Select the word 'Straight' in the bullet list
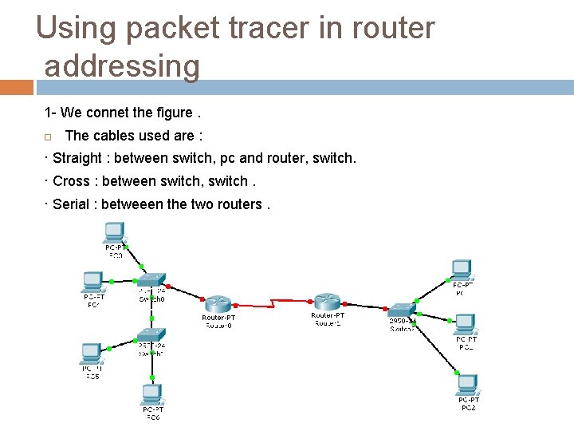click(77, 158)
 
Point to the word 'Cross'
click(72, 181)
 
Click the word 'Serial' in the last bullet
click(71, 204)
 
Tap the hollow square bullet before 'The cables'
click(49, 136)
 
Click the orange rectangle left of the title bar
click(16, 87)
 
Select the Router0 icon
click(218, 303)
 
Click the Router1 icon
click(326, 301)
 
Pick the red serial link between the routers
click(272, 302)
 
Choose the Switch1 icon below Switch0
click(151, 334)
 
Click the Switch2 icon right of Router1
click(401, 310)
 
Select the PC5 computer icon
click(91, 353)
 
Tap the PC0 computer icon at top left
click(114, 232)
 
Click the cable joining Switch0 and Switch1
click(150, 308)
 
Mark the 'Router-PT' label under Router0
click(218, 318)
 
